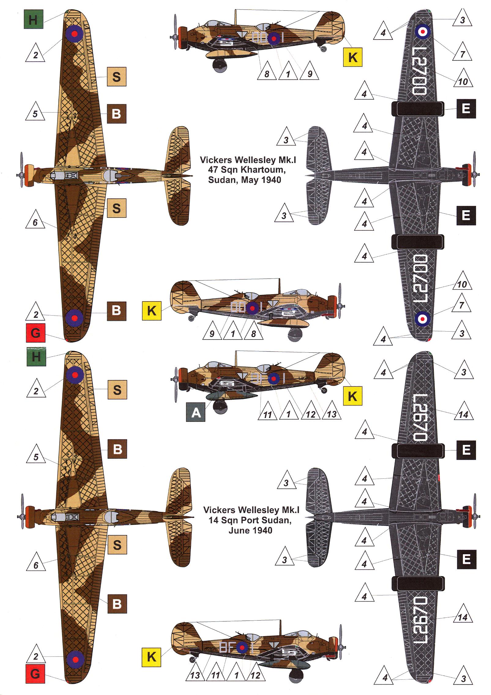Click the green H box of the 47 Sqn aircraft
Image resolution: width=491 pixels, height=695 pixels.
click(x=33, y=20)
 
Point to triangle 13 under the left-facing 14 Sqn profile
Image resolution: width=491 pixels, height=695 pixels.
click(x=331, y=413)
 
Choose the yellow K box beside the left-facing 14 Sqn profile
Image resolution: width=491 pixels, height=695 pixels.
click(x=352, y=397)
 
